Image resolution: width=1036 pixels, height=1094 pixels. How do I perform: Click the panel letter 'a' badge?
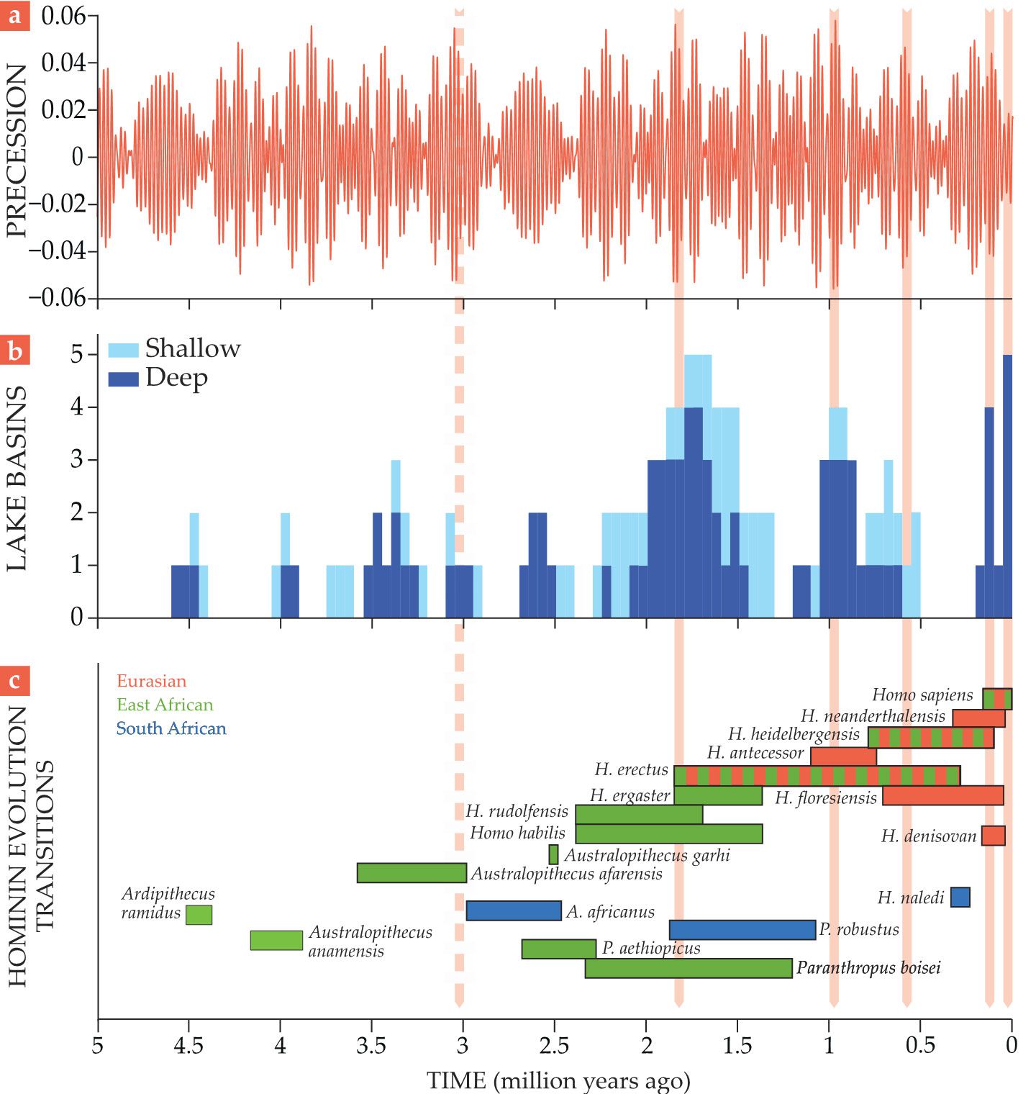[14, 16]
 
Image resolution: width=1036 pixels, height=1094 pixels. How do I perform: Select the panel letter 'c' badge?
[14, 680]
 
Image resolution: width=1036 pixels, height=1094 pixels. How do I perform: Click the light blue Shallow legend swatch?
[123, 350]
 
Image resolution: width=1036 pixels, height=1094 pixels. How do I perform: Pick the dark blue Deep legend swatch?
[123, 379]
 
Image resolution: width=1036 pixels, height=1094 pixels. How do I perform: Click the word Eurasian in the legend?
[151, 681]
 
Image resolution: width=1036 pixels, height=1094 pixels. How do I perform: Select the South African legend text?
[171, 728]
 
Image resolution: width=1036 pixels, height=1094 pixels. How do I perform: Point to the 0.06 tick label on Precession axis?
[63, 16]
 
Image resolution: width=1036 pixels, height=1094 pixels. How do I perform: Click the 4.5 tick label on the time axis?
[188, 1045]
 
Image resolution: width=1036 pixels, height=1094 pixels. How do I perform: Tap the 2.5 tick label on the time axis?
[554, 1045]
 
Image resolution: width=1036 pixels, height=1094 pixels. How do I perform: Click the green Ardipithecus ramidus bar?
[199, 915]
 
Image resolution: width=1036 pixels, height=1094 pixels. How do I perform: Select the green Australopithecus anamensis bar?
[276, 940]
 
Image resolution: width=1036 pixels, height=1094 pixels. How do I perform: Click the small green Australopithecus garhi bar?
[553, 854]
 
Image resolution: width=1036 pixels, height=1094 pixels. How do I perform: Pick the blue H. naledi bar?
[960, 897]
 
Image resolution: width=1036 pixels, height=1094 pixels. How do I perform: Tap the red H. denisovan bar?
[993, 836]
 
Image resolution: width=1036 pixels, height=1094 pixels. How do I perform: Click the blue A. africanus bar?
[513, 910]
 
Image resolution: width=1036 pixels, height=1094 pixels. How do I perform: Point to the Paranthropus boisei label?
[868, 968]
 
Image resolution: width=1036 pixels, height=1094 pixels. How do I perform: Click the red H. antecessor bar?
[843, 756]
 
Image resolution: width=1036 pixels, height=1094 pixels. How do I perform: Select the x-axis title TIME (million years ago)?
[558, 1080]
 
